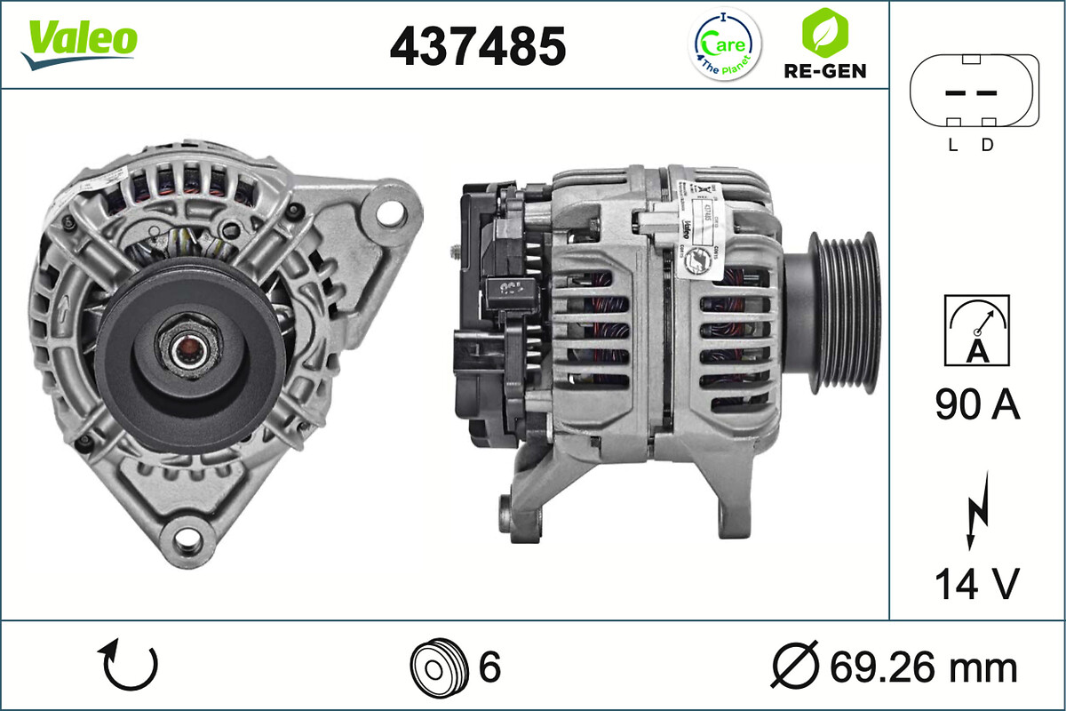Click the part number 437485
478,46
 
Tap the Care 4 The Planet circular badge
726,44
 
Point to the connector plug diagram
974,92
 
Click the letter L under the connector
952,146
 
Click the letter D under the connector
987,146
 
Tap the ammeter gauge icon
977,330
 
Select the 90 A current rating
977,405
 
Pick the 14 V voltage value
976,584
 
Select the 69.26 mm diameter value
924,667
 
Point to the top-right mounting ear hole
388,212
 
